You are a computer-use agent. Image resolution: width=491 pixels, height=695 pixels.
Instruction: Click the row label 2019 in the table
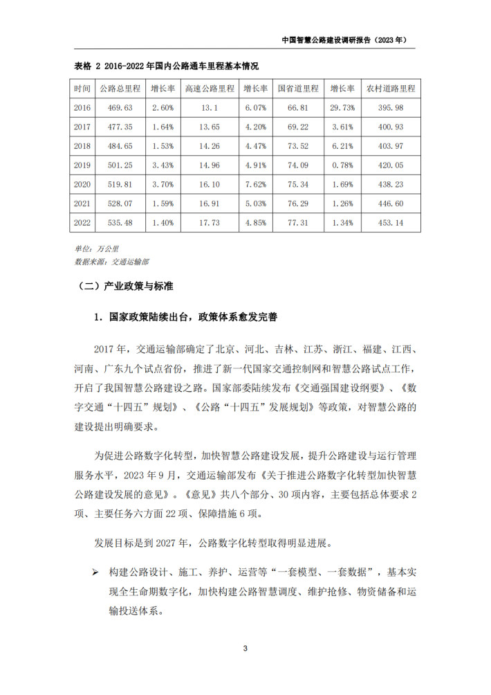click(x=82, y=165)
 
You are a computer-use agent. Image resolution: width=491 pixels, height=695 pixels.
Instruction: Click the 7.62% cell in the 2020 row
click(x=256, y=184)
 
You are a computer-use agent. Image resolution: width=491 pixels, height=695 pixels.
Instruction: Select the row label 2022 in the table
click(x=82, y=222)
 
